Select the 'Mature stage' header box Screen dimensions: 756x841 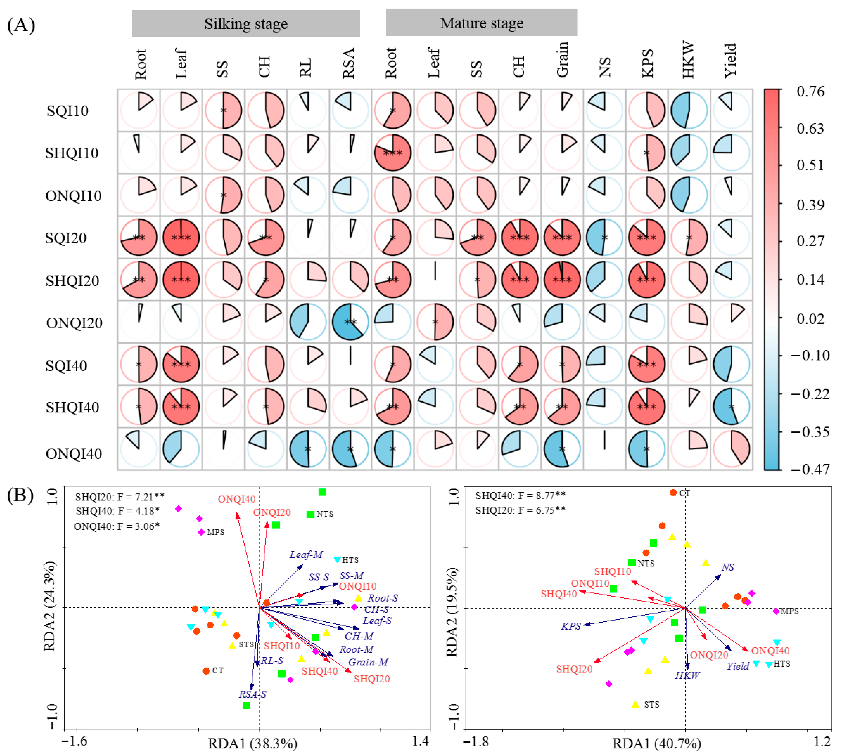click(x=481, y=23)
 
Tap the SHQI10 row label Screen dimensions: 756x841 click(x=72, y=153)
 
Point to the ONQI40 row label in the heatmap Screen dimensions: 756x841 click(x=74, y=454)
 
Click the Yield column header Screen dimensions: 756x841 click(x=730, y=61)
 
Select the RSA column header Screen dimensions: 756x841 click(x=348, y=63)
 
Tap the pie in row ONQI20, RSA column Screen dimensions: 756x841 click(x=350, y=322)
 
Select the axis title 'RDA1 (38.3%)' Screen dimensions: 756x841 click(x=252, y=743)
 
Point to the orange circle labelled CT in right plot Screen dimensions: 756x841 click(x=673, y=493)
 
